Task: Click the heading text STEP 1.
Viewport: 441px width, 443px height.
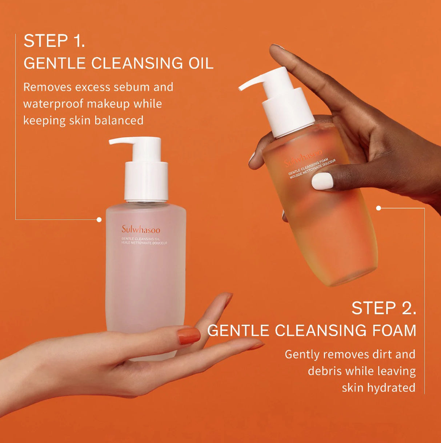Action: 54,41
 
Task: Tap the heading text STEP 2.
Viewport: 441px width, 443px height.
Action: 384,308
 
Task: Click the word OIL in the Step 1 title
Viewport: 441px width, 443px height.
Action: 201,63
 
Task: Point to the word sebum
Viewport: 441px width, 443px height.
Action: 132,87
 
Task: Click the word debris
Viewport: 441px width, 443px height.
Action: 325,371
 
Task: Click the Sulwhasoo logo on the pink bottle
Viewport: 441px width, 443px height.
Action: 141,229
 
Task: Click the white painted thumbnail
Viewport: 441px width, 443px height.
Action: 322,181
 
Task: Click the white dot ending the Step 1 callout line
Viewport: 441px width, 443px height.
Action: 99,219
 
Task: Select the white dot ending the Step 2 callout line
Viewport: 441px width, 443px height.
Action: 378,208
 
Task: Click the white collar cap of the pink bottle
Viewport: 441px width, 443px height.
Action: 146,181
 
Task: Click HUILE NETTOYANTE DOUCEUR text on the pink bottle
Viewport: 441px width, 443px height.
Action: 144,243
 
